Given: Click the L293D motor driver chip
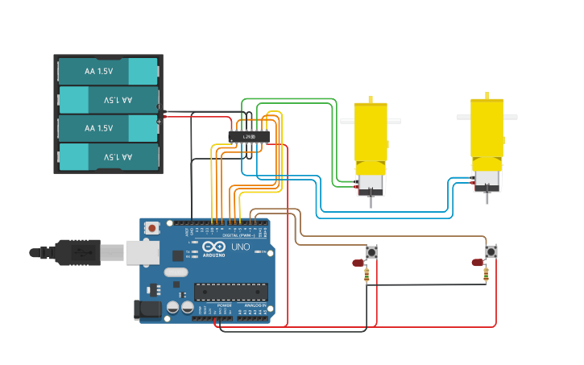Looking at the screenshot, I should [x=248, y=137].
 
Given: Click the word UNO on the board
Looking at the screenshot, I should [x=241, y=247].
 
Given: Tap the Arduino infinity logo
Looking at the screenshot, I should [x=213, y=247].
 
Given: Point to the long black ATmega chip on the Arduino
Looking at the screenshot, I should [x=230, y=292].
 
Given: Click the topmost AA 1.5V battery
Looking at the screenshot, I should [x=108, y=71].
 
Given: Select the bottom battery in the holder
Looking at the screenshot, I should [x=108, y=156].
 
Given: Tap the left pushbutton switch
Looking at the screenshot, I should [x=371, y=252].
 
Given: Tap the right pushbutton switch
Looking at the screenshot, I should [x=491, y=252].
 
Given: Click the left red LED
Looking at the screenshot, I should [x=358, y=263].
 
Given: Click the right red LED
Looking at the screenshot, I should [x=478, y=263].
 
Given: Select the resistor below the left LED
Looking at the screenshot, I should [x=367, y=276].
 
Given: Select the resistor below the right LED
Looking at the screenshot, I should [x=486, y=276].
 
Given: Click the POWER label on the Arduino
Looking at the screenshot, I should [x=225, y=305].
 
